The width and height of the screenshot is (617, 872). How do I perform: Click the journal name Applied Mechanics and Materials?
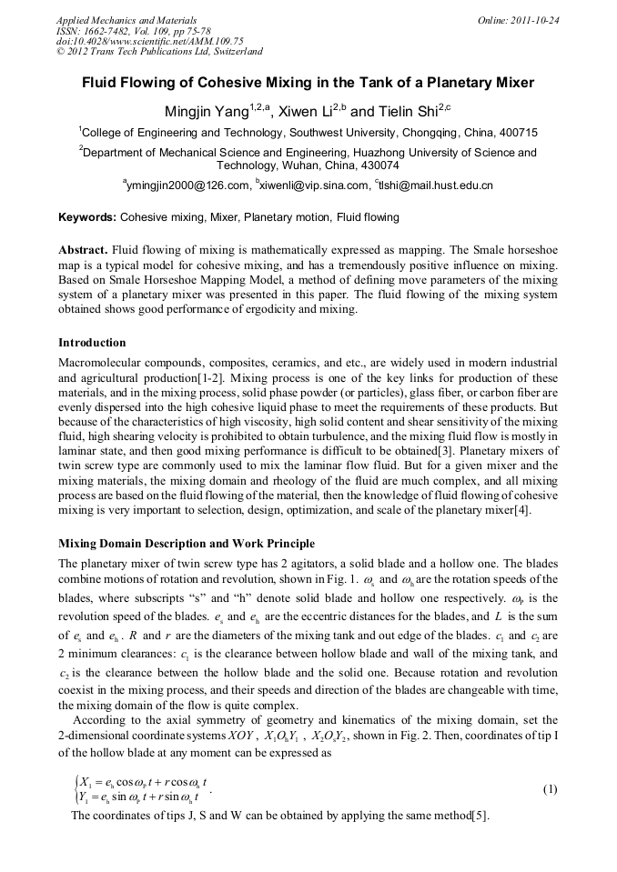(126, 19)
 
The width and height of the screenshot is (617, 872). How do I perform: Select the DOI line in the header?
(150, 41)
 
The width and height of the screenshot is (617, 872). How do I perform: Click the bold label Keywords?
(87, 217)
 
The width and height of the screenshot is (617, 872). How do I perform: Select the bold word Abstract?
(84, 248)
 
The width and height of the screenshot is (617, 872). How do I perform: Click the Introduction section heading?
(92, 343)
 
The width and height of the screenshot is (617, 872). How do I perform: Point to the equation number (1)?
(550, 789)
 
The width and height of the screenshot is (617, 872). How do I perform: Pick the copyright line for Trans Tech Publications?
(159, 52)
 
